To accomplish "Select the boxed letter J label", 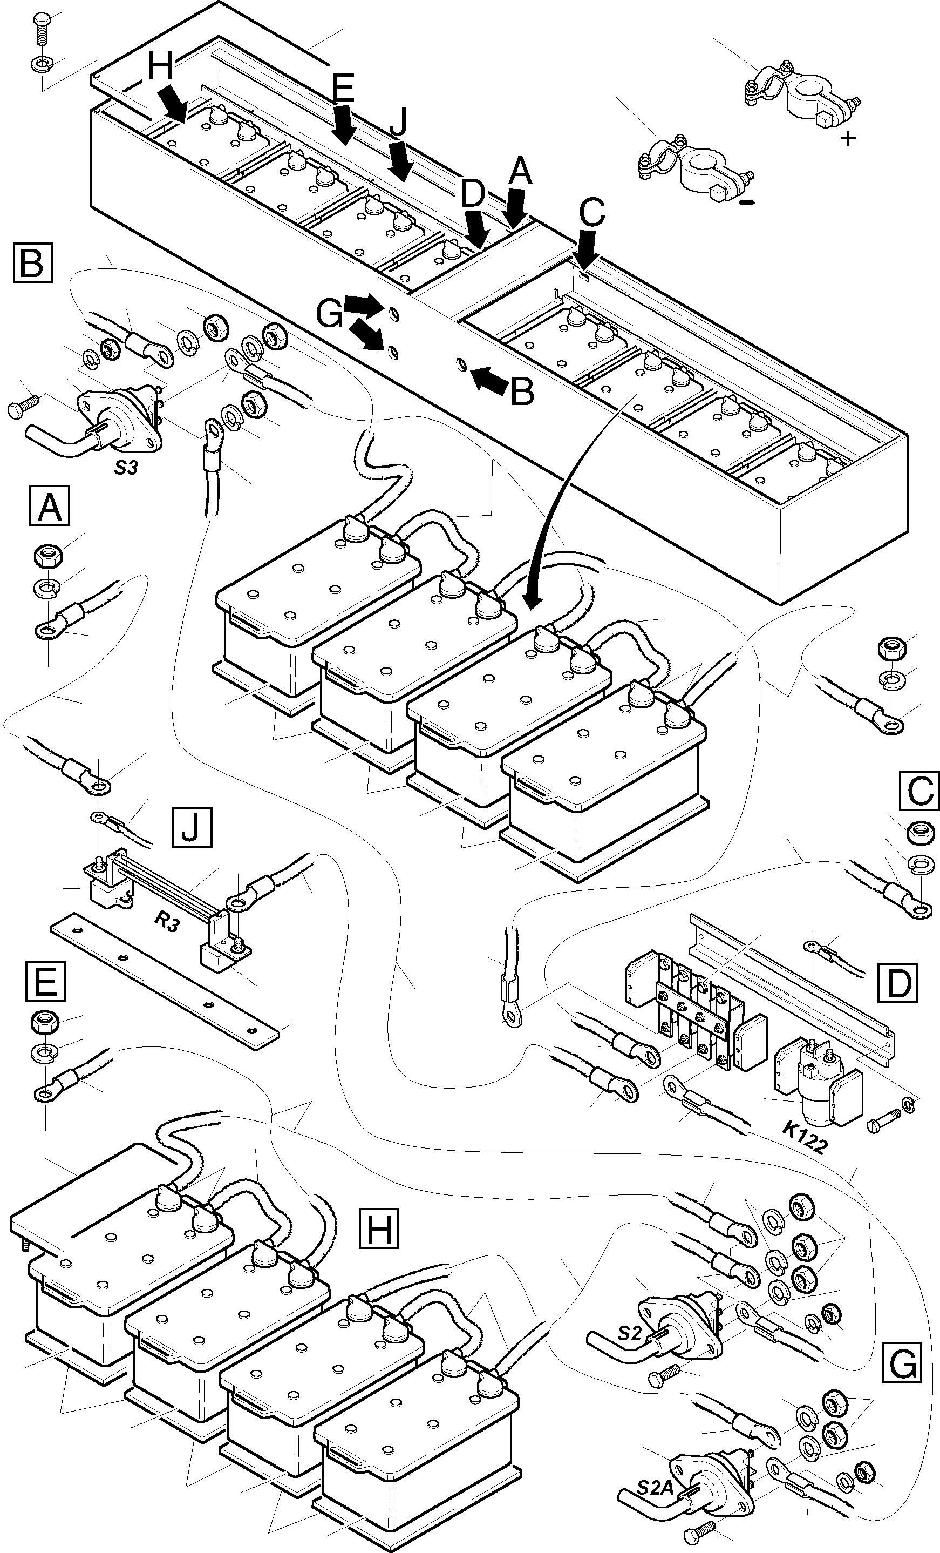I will pyautogui.click(x=192, y=826).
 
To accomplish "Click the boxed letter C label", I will pyautogui.click(x=919, y=790).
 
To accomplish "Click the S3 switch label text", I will pyautogui.click(x=126, y=468).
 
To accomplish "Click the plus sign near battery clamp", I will pyautogui.click(x=849, y=138).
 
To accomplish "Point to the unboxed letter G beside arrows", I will pyautogui.click(x=330, y=313).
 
